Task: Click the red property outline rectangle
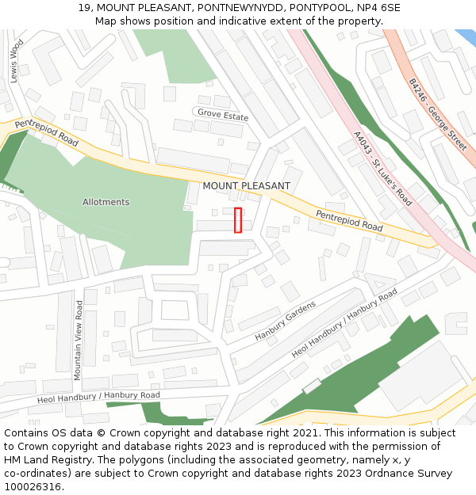tap(238, 219)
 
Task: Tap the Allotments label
tap(106, 202)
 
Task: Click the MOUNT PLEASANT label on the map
tap(246, 186)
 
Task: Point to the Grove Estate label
tap(223, 115)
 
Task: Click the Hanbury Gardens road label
tap(285, 321)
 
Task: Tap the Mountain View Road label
tap(79, 340)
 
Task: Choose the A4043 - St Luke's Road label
tap(382, 169)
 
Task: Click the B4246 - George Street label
tap(437, 114)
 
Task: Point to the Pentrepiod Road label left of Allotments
tap(46, 132)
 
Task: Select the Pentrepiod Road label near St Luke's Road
tap(349, 221)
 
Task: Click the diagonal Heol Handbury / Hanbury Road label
tap(344, 323)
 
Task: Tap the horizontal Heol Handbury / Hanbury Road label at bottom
tap(98, 398)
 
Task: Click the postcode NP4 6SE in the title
tap(378, 8)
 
